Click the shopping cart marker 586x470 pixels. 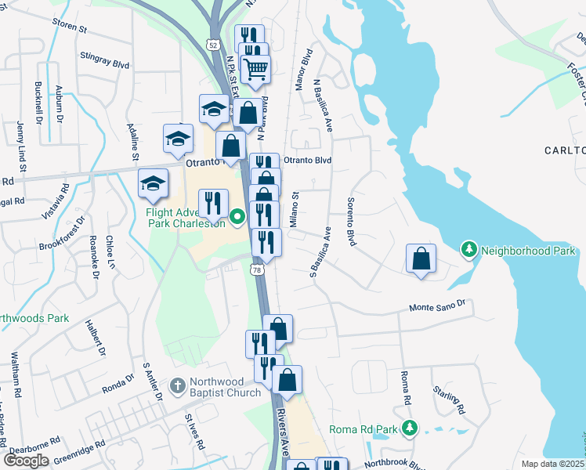tap(256, 70)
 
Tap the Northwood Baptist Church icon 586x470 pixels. tap(178, 386)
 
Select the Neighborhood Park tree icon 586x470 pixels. tap(469, 250)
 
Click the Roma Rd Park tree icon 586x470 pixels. tap(408, 428)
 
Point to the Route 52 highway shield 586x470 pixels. tap(213, 45)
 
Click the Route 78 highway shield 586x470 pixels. tap(257, 269)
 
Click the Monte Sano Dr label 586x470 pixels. tap(437, 305)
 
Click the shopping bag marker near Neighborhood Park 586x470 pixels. tap(421, 258)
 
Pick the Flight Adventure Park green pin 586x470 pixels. tap(238, 213)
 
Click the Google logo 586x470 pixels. tap(26, 461)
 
